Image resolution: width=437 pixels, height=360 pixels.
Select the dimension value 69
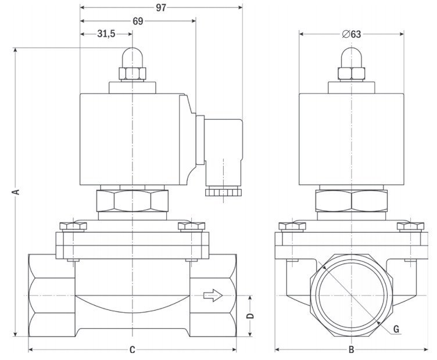coord(138,21)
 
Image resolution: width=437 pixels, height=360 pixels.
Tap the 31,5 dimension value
coord(105,34)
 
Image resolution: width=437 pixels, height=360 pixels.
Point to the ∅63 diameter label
coord(352,34)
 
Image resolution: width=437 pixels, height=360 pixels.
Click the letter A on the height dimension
coord(17,191)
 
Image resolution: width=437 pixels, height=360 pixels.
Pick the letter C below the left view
coord(132,350)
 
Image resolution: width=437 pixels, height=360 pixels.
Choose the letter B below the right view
coord(351,350)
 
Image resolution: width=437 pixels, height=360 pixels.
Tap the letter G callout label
coord(396,329)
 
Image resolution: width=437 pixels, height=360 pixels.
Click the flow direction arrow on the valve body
coord(213,296)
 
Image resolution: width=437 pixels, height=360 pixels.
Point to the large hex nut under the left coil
coord(133,200)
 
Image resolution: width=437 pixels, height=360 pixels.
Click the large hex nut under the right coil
coord(352,200)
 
